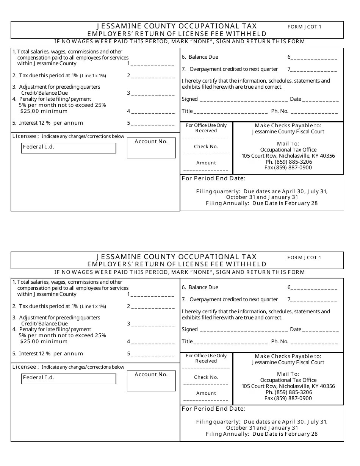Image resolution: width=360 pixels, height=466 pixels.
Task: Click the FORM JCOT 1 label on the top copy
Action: point(304,27)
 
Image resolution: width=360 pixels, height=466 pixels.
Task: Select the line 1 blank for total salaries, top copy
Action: point(152,64)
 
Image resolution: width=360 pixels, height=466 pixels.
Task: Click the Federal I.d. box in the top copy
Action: point(69,148)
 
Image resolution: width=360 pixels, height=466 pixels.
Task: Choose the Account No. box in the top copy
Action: point(151,148)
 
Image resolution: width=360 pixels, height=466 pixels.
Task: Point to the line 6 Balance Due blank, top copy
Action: point(314,58)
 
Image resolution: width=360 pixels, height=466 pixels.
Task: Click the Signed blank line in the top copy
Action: point(243,100)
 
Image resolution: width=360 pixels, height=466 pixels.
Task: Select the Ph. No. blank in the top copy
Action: point(314,112)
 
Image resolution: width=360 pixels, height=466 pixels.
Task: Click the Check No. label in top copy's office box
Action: point(206,147)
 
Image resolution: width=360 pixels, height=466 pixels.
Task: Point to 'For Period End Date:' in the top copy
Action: point(213,178)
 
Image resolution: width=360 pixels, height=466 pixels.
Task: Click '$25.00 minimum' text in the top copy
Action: point(44,111)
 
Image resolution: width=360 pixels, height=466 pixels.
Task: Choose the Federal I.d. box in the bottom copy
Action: point(69,379)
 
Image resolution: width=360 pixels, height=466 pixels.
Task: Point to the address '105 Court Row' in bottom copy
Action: point(288,386)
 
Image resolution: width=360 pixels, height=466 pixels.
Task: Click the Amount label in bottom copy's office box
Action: point(206,393)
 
